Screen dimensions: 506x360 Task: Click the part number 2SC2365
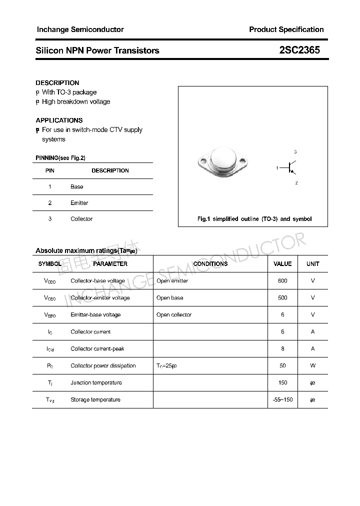pyautogui.click(x=299, y=50)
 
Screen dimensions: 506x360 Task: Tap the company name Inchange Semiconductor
pyautogui.click(x=80, y=29)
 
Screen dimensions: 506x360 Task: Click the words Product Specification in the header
pyautogui.click(x=286, y=29)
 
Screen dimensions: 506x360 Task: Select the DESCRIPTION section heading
pyautogui.click(x=57, y=83)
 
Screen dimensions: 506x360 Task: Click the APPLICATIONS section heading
pyautogui.click(x=59, y=120)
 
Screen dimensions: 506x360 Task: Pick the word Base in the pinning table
pyautogui.click(x=77, y=187)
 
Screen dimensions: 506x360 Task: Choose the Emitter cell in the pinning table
pyautogui.click(x=79, y=203)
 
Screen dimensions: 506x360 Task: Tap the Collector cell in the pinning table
pyautogui.click(x=81, y=219)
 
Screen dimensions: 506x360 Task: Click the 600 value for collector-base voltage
pyautogui.click(x=282, y=281)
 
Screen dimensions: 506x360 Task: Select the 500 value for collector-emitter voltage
pyautogui.click(x=282, y=298)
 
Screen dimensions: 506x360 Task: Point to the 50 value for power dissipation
pyautogui.click(x=282, y=366)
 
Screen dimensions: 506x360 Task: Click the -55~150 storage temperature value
pyautogui.click(x=282, y=400)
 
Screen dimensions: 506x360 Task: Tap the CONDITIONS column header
pyautogui.click(x=210, y=264)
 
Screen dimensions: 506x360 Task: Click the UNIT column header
pyautogui.click(x=313, y=264)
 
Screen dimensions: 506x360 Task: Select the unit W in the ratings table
pyautogui.click(x=313, y=366)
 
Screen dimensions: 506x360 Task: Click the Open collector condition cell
pyautogui.click(x=174, y=315)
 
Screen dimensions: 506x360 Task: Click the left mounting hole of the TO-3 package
pyautogui.click(x=203, y=161)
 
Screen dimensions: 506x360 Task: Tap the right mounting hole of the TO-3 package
pyautogui.click(x=244, y=161)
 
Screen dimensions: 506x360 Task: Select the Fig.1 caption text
pyautogui.click(x=254, y=219)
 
